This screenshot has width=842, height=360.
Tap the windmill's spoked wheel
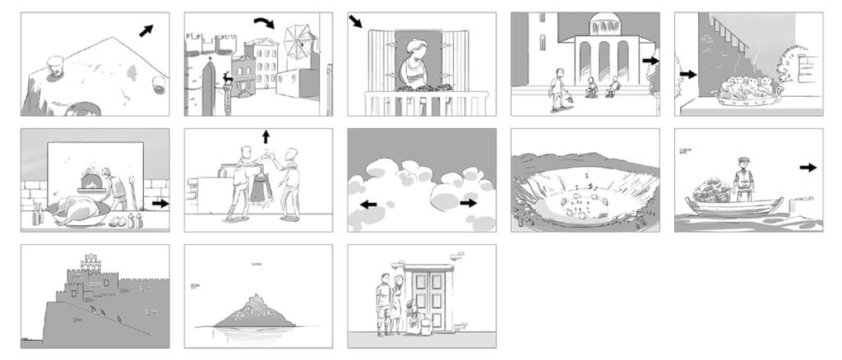(x=298, y=44)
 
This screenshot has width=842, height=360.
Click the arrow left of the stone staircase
(x=687, y=74)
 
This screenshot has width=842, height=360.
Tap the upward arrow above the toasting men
(x=266, y=136)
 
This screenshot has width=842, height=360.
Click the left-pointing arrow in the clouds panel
(x=368, y=204)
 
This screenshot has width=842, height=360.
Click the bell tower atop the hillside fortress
(x=91, y=264)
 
